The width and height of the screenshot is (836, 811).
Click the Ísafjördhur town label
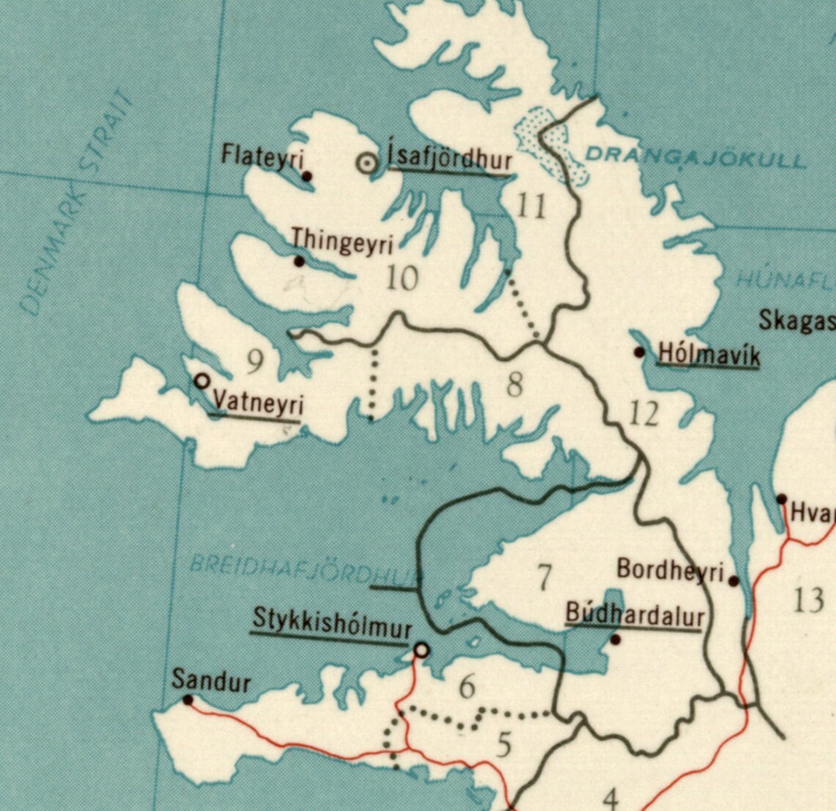[x=450, y=158]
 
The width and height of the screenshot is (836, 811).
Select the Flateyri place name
[x=263, y=155]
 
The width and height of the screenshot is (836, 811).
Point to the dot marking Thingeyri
[x=298, y=261]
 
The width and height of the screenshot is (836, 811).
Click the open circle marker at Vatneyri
[x=202, y=381]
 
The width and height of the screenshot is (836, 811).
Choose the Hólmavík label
[x=708, y=353]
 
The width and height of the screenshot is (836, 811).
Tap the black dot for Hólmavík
[x=639, y=353]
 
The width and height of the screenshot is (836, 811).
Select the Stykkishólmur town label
[x=331, y=620]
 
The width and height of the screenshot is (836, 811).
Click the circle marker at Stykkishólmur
[x=422, y=650]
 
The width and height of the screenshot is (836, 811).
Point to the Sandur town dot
[x=188, y=700]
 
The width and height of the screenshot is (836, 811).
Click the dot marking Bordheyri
[x=734, y=581]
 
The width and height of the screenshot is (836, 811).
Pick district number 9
[x=254, y=361]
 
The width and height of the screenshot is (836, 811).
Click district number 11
[x=531, y=206]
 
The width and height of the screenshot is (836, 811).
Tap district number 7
[x=543, y=579]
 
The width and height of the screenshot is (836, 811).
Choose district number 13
[x=808, y=601]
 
